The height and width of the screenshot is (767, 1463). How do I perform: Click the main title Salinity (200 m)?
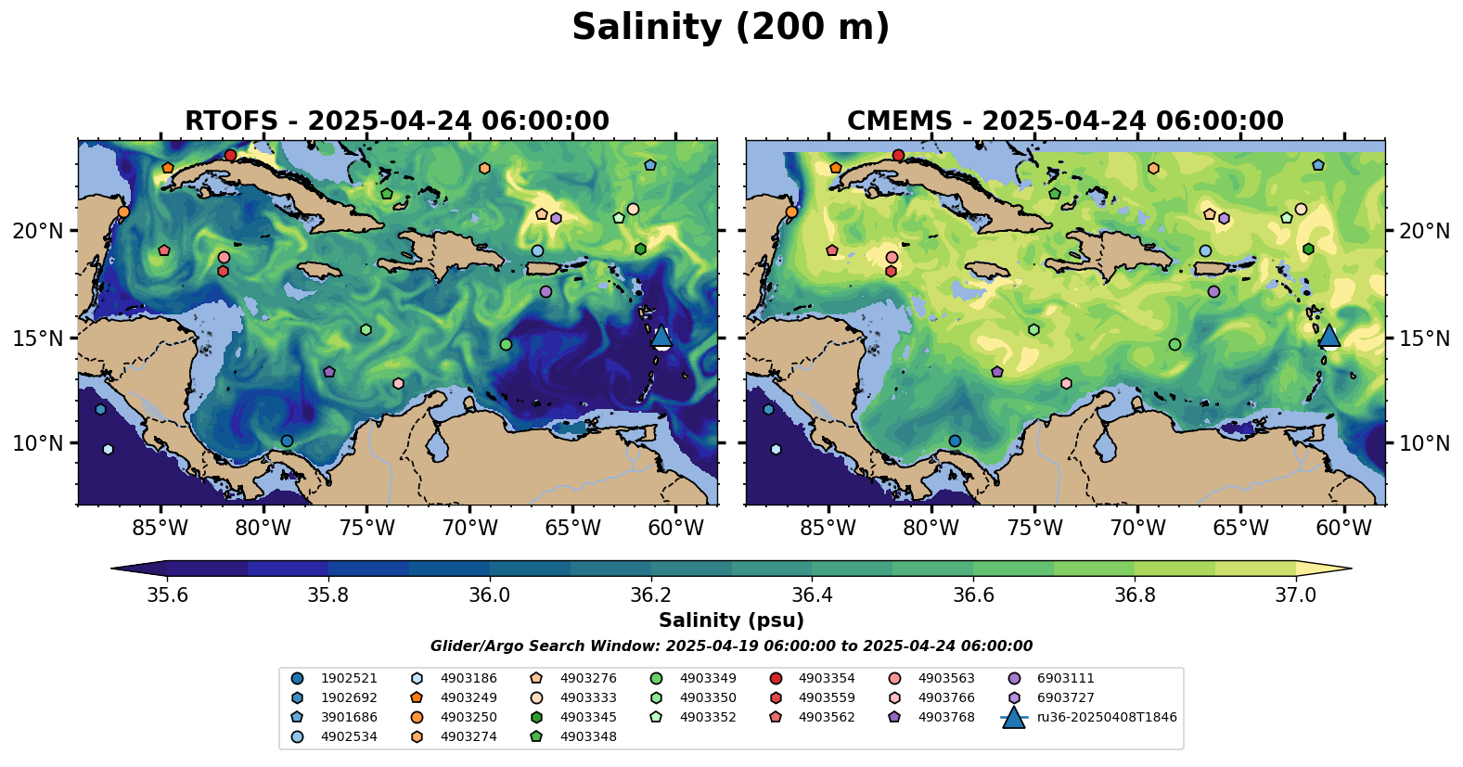[730, 28]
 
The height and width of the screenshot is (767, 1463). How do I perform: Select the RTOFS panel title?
[397, 121]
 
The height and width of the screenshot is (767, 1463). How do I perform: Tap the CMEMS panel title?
[1065, 121]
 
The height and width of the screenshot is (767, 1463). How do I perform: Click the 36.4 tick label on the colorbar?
[812, 594]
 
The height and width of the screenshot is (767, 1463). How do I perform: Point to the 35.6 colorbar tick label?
[168, 594]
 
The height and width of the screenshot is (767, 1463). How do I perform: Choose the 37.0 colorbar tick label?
[1295, 594]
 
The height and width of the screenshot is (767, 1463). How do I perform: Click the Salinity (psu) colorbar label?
[731, 620]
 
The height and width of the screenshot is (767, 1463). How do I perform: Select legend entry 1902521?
[349, 679]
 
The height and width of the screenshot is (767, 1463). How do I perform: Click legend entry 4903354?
[827, 679]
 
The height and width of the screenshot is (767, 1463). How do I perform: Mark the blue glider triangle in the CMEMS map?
[1328, 336]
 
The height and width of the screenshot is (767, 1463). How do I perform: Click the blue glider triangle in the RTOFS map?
[661, 336]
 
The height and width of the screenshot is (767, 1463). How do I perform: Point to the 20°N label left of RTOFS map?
[38, 231]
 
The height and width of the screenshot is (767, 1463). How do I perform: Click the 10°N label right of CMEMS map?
[1424, 443]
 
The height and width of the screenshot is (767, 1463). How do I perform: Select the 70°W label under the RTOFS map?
[470, 529]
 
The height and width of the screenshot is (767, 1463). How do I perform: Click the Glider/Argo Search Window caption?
[731, 646]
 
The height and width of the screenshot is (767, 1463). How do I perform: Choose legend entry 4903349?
[708, 679]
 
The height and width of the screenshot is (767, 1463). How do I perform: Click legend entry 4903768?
[946, 717]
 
